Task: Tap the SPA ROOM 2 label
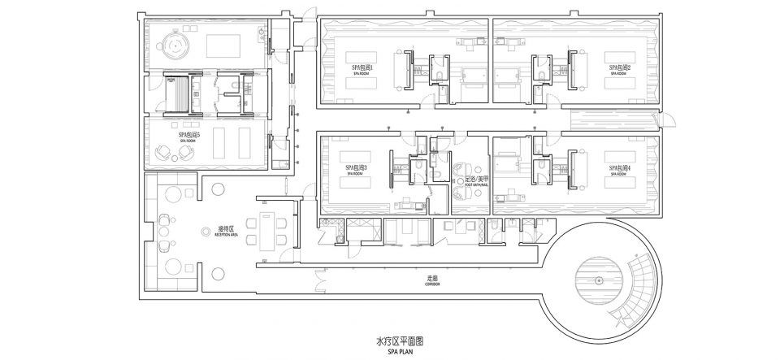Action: [620, 69]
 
